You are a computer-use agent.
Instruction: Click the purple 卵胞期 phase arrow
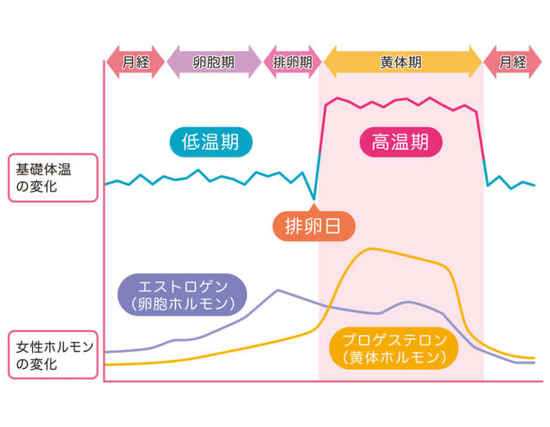tap(214, 62)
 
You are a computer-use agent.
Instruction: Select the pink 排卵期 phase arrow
tap(293, 62)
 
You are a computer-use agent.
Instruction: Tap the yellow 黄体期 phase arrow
tap(403, 62)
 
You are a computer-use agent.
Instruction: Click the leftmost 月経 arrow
tap(135, 62)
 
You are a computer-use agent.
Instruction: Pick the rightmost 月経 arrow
tap(513, 62)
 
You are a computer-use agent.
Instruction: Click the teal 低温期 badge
tap(211, 142)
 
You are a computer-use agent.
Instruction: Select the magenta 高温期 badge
tap(401, 142)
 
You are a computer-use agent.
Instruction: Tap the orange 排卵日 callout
tap(314, 225)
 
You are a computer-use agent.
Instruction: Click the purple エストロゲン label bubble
tap(183, 295)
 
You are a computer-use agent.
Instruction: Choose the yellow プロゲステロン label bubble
tap(394, 348)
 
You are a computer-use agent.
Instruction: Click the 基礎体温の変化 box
tap(53, 178)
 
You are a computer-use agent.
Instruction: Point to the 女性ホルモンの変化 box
tap(53, 355)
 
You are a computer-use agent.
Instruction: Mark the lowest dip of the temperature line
tap(314, 199)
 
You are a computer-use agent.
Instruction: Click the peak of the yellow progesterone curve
tap(371, 249)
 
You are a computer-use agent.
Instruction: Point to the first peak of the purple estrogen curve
tap(278, 290)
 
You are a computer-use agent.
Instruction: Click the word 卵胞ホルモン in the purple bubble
tap(183, 304)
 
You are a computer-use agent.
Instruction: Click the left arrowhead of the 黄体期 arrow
tap(330, 62)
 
